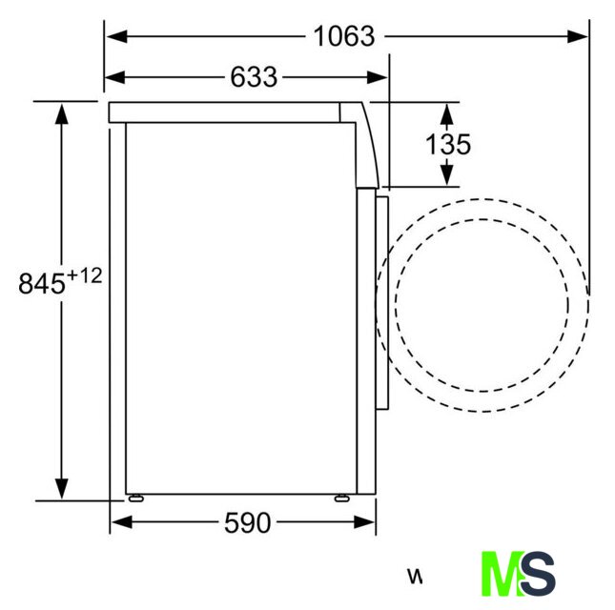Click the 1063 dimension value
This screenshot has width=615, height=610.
pos(344,36)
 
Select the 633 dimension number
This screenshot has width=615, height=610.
pos(254,77)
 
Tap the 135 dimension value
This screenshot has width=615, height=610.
pos(448,144)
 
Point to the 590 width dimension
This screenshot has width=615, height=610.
pos(248,522)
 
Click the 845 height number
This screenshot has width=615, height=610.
pos(42,283)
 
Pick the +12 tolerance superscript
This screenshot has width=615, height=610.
pos(84,275)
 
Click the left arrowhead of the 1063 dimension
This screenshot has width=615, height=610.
pos(116,36)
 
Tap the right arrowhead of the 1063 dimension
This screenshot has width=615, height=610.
pos(578,36)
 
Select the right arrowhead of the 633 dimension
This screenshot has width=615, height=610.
pos(377,77)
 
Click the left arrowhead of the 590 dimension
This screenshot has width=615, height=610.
pos(122,522)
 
